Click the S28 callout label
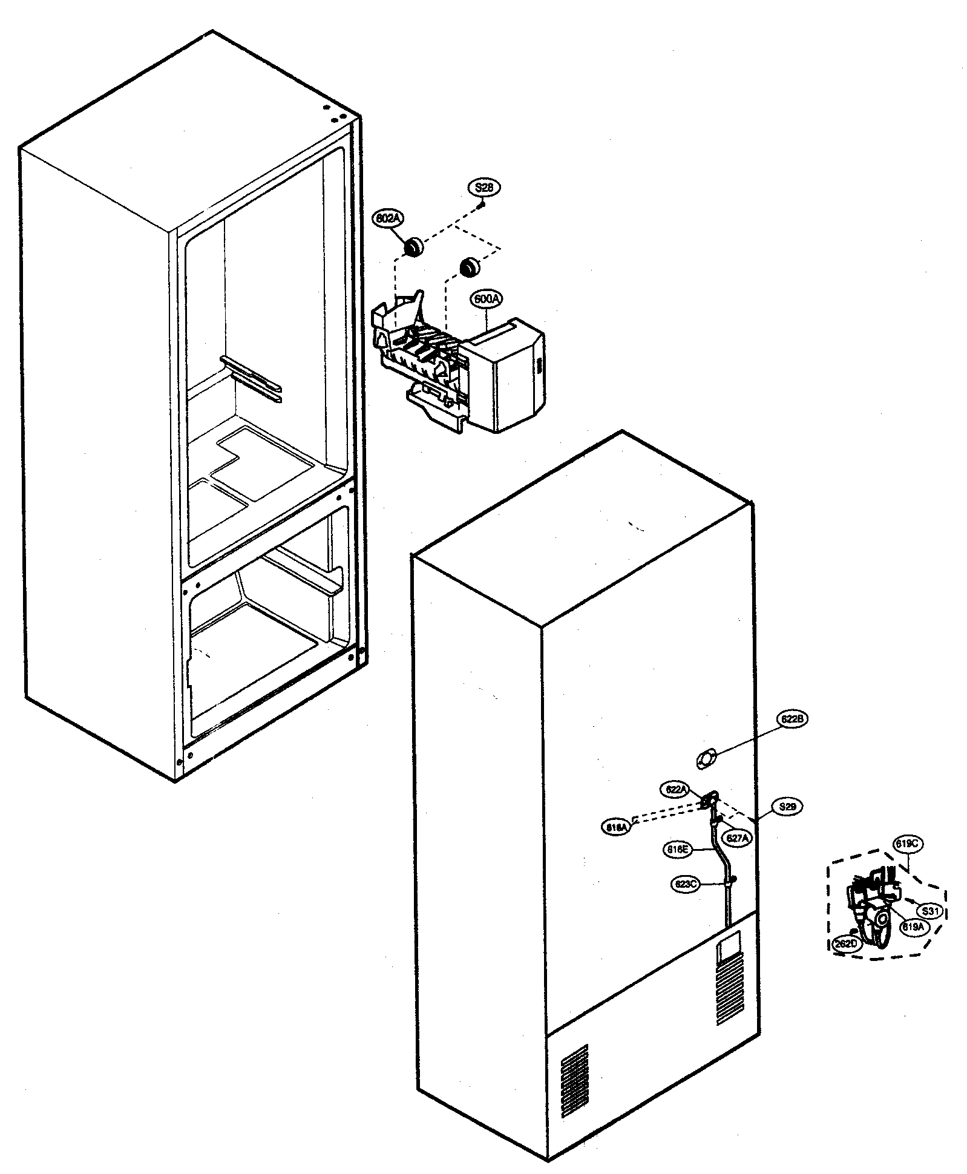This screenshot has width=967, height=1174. [x=483, y=188]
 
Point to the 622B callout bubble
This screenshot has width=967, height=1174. [x=792, y=720]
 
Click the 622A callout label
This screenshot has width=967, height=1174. [x=675, y=789]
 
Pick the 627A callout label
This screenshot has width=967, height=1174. [x=738, y=838]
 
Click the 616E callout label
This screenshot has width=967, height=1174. [x=677, y=850]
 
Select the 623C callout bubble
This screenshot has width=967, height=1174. [x=686, y=884]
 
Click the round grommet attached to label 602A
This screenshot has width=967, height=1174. [x=413, y=246]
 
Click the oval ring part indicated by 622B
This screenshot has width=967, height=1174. [x=705, y=758]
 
